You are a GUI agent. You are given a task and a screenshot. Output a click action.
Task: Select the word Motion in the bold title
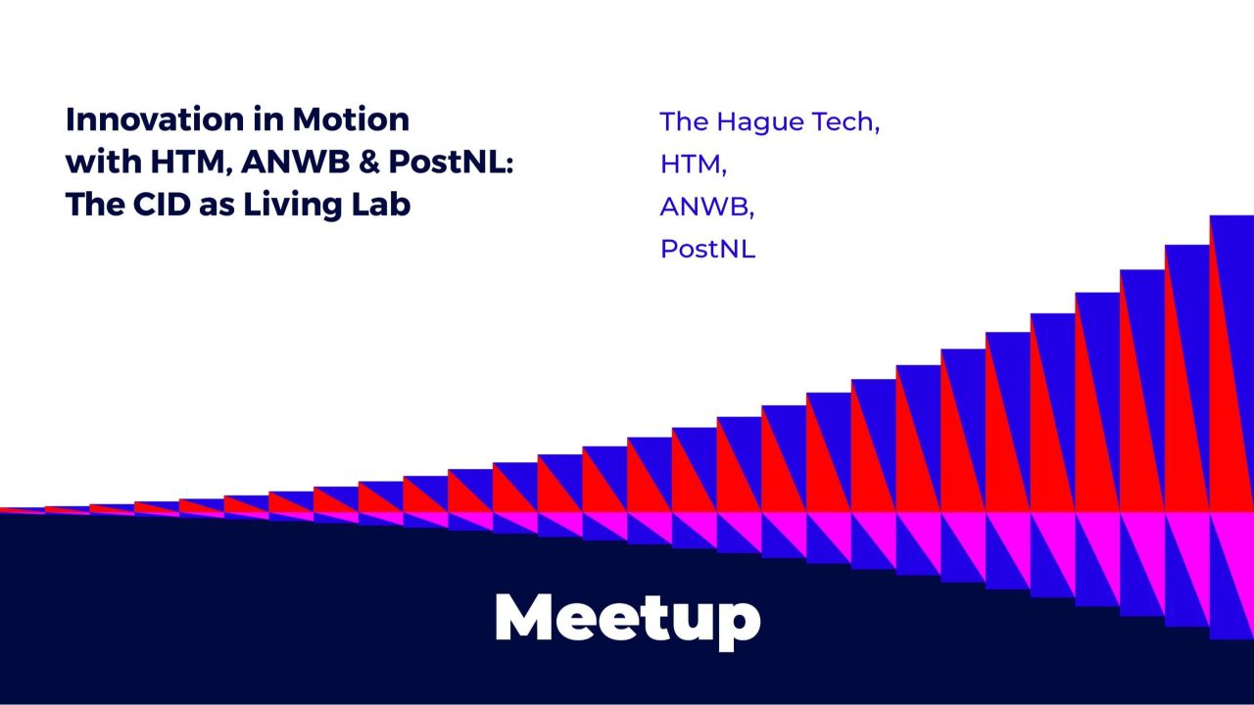(351, 120)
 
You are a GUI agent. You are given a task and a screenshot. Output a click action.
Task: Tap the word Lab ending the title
(382, 206)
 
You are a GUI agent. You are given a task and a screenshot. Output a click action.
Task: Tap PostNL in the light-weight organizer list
(707, 249)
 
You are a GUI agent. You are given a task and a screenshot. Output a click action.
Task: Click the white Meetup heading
(627, 617)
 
